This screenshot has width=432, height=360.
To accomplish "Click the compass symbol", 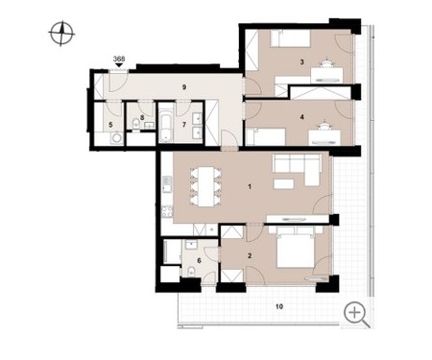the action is (61, 34).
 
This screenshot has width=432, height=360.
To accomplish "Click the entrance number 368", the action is (119, 59).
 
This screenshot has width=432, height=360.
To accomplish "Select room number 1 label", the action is (250, 186).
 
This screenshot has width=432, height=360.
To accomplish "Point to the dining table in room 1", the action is (205, 186).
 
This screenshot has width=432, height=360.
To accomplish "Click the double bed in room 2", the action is (296, 247).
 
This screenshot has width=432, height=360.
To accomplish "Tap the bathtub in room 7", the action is (165, 127).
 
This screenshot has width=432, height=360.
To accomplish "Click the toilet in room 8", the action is (135, 124).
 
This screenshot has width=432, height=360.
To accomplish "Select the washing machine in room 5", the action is (117, 138).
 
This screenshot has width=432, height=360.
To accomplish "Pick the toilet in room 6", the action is (190, 271).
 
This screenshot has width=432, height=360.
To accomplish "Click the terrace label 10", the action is (279, 306).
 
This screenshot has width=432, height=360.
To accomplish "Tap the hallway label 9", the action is (184, 87).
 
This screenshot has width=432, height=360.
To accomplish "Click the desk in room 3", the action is (326, 75).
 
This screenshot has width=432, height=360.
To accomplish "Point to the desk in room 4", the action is (324, 137).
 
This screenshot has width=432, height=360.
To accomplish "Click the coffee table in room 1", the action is (283, 183).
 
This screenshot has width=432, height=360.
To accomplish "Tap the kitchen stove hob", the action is (167, 211).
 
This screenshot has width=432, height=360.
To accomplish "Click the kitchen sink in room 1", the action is (167, 184).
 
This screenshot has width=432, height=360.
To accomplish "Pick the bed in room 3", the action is (291, 38).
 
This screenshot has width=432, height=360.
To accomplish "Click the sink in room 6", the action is (192, 245).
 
